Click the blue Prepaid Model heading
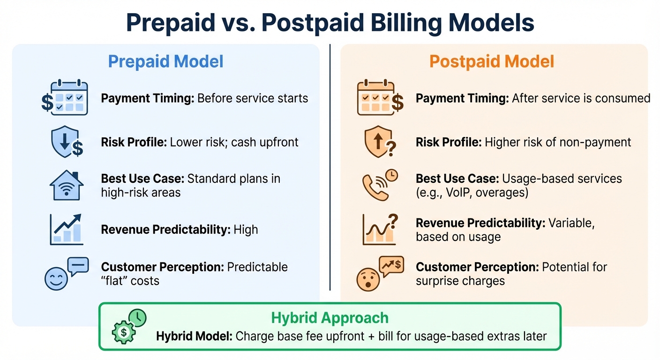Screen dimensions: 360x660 (x=165, y=61)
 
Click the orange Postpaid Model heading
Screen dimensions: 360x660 (x=492, y=61)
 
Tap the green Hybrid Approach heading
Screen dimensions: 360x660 (x=330, y=317)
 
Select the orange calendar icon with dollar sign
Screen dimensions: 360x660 (x=380, y=97)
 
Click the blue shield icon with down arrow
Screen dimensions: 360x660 (x=66, y=142)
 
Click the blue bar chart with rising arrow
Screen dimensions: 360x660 (x=66, y=229)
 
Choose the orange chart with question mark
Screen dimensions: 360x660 (x=379, y=229)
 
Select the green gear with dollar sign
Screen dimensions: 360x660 (x=124, y=332)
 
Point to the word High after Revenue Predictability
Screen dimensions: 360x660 (x=245, y=229)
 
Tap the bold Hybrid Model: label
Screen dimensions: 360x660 (x=194, y=336)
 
